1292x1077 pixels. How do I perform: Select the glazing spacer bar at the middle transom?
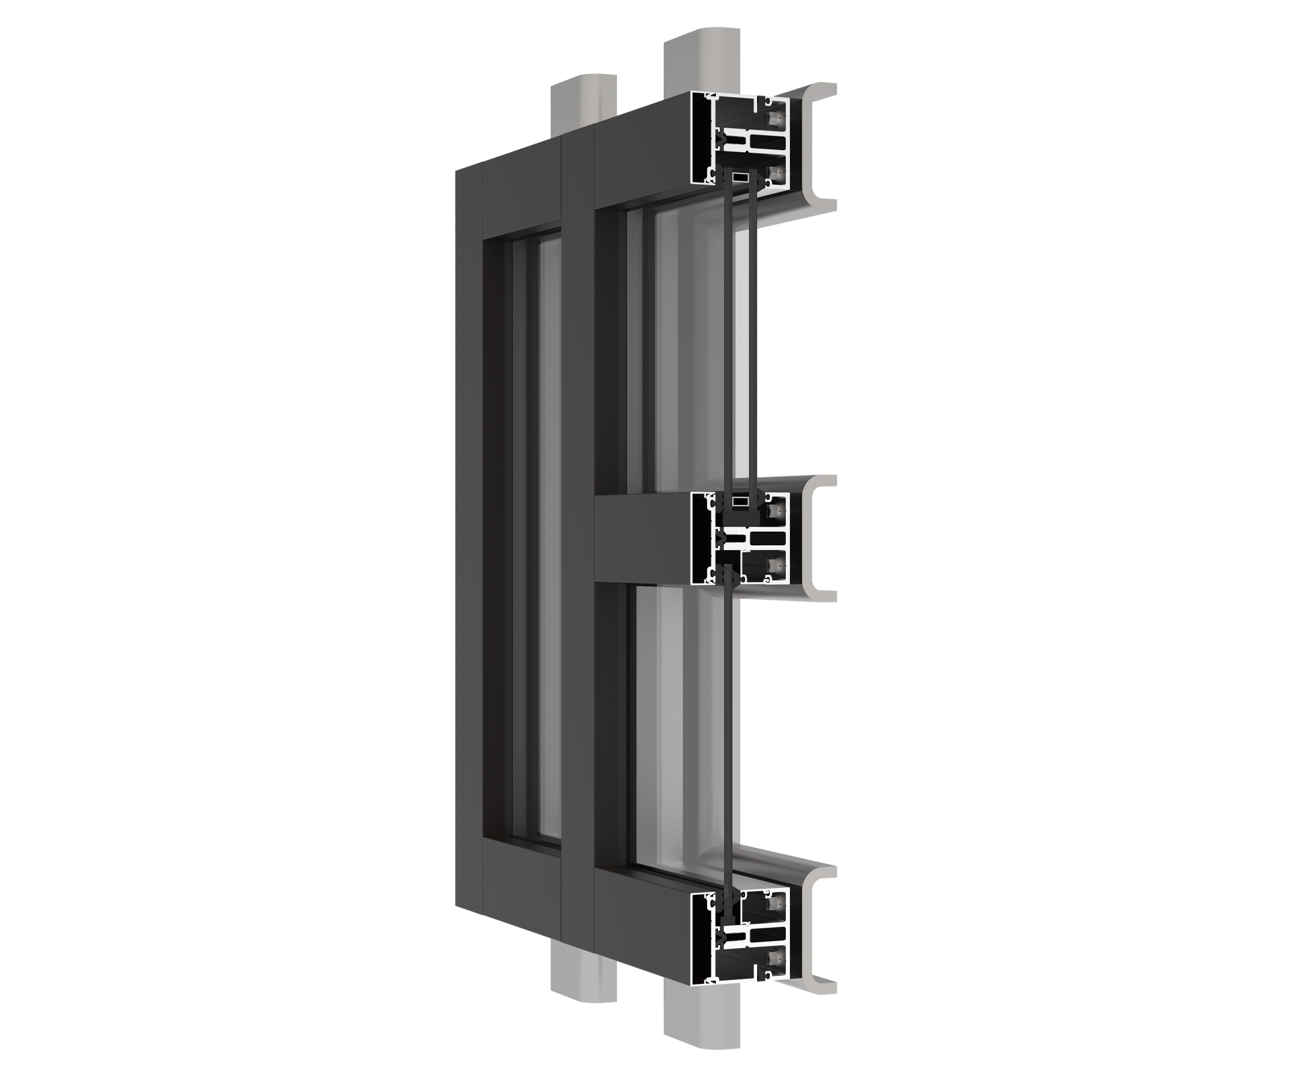741,501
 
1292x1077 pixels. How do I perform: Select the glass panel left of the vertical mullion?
535,538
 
